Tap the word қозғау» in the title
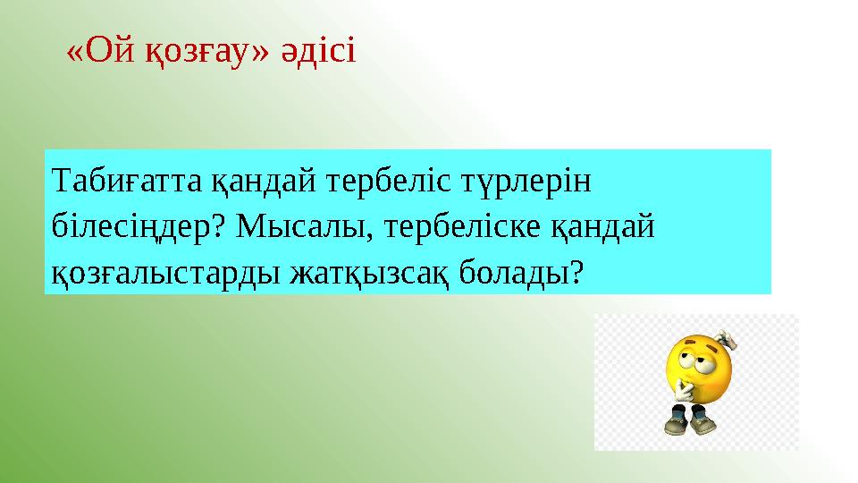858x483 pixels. coord(207,53)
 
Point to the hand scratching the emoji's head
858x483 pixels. coord(726,341)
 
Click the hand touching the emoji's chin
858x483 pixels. coord(685,386)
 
